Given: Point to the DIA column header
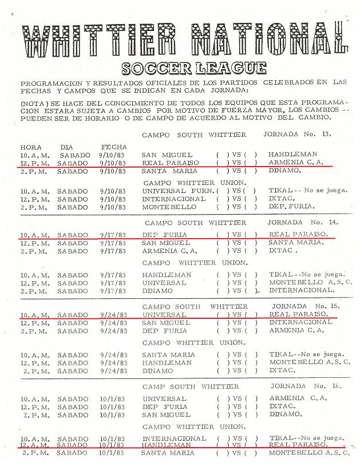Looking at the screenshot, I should [66, 147].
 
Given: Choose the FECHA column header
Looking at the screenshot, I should [113, 147].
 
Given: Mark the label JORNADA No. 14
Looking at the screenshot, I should [307, 222].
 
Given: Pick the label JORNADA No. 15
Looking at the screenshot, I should [306, 306].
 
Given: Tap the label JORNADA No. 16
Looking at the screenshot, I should [306, 386].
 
